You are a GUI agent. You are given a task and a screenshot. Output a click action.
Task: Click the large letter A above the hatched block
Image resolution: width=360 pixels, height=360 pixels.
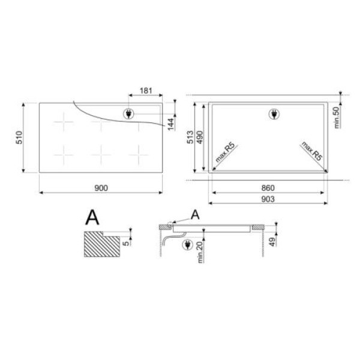click(92, 216)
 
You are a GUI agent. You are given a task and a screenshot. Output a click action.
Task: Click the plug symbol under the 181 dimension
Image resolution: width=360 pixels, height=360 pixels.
click(128, 114)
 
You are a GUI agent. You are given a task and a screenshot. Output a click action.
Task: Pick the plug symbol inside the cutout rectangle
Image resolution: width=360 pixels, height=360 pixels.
click(271, 114)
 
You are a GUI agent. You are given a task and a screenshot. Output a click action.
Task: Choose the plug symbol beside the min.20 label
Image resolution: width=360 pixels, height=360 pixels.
click(188, 244)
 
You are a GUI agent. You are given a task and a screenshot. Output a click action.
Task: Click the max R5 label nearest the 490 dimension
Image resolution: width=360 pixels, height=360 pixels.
click(225, 154)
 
